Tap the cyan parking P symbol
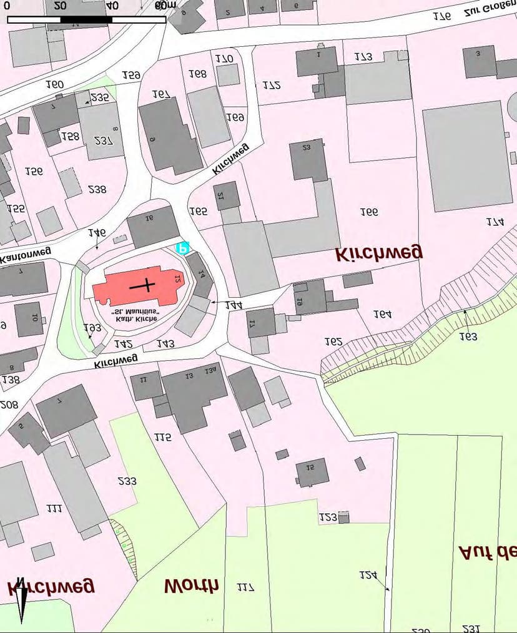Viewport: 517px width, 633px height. [182, 248]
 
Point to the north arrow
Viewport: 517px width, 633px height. [21, 600]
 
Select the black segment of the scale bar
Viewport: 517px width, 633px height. [86, 20]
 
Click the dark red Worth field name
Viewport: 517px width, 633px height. [191, 586]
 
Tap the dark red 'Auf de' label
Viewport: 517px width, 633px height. [488, 552]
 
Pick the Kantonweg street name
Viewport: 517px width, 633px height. [25, 255]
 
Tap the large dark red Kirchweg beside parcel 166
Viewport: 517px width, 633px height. [378, 252]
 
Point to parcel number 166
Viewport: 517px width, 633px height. [369, 212]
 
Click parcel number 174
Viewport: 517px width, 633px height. [495, 222]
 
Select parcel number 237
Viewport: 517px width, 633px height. [103, 140]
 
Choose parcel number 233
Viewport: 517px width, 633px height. [127, 481]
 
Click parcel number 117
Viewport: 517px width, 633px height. [245, 587]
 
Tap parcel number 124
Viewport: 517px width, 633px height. [368, 575]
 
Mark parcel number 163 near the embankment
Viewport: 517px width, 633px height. [468, 336]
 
